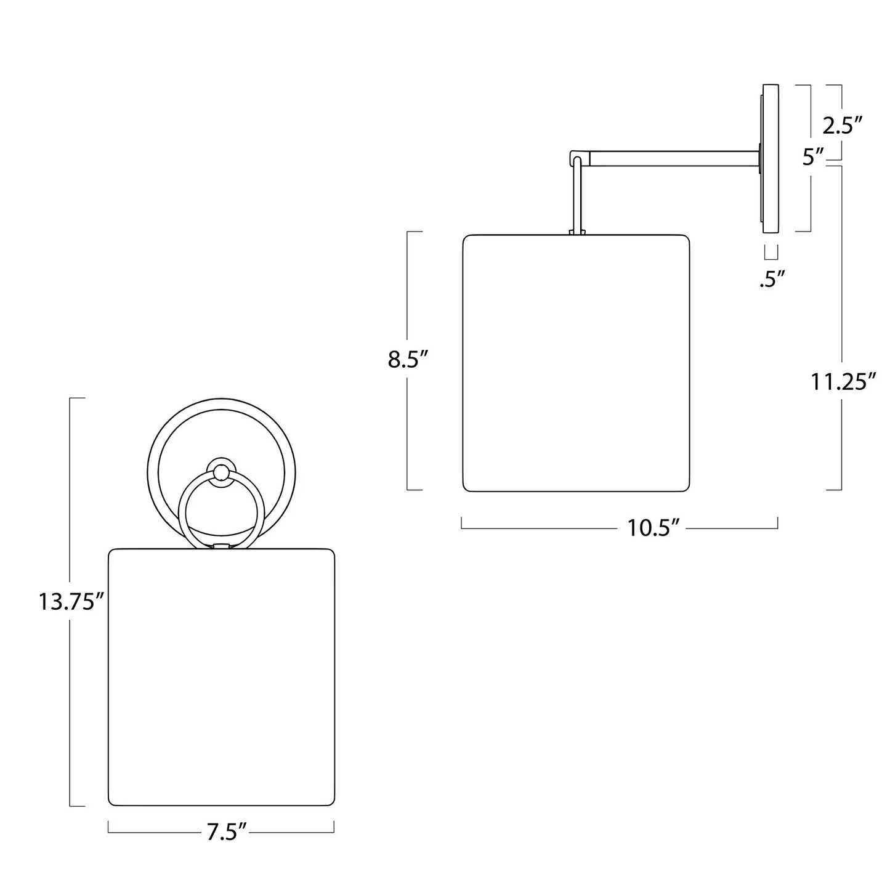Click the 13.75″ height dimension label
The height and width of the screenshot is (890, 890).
click(73, 602)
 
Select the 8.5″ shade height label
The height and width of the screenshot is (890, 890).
click(409, 359)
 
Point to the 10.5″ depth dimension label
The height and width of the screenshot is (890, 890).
click(653, 527)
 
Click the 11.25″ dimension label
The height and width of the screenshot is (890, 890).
click(843, 382)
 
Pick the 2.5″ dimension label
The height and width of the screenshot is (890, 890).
click(843, 126)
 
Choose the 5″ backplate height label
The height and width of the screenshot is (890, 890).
click(814, 158)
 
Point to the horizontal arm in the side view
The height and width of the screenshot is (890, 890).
click(674, 158)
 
